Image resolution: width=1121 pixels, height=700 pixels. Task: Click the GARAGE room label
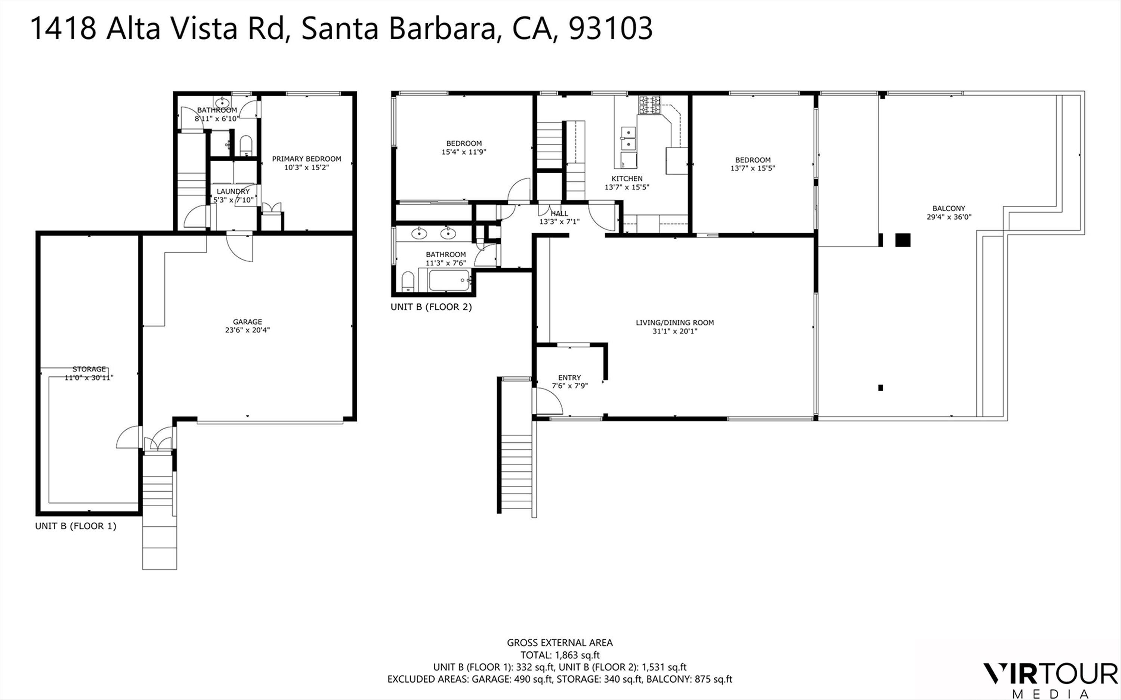[x=247, y=322]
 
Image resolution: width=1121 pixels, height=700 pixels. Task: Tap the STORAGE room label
[x=89, y=369]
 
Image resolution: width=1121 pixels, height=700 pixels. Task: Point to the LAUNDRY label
[x=233, y=191]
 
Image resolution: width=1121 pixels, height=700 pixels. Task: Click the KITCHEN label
[x=627, y=179]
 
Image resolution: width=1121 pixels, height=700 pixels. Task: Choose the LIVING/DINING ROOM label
[x=674, y=323]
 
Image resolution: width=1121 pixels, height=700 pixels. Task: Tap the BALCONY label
[x=949, y=208]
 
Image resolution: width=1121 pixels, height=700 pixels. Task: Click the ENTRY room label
[x=569, y=378]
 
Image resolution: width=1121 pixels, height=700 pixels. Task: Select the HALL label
[x=560, y=214]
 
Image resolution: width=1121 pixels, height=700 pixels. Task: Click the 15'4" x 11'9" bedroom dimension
[x=464, y=152]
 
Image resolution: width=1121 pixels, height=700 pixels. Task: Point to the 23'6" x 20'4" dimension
[x=247, y=330]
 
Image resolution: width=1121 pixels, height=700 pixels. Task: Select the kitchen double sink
[x=628, y=138]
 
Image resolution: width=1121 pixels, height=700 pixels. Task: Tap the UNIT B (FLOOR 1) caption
[x=75, y=526]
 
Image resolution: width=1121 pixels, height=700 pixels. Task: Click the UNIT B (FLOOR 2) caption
[x=431, y=307]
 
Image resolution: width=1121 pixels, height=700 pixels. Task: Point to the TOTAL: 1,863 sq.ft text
[x=560, y=655]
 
